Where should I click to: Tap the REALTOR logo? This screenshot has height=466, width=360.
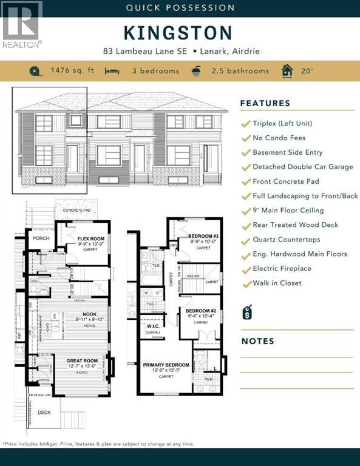pos(21,25)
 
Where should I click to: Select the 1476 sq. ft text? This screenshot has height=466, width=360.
pos(72,71)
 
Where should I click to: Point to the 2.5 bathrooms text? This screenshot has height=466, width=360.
pos(240,71)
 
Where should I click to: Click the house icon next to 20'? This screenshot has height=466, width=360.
pos(287,71)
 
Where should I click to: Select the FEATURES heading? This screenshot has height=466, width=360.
pos(265,103)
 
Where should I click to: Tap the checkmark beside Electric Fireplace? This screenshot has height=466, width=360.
pos(246,269)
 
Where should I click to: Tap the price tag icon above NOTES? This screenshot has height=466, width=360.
pos(247,312)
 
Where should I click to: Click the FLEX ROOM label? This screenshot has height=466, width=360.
pos(92,239)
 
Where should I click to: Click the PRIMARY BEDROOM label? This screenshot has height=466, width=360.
pos(166,365)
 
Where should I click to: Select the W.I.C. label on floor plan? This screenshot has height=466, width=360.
pos(153,326)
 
